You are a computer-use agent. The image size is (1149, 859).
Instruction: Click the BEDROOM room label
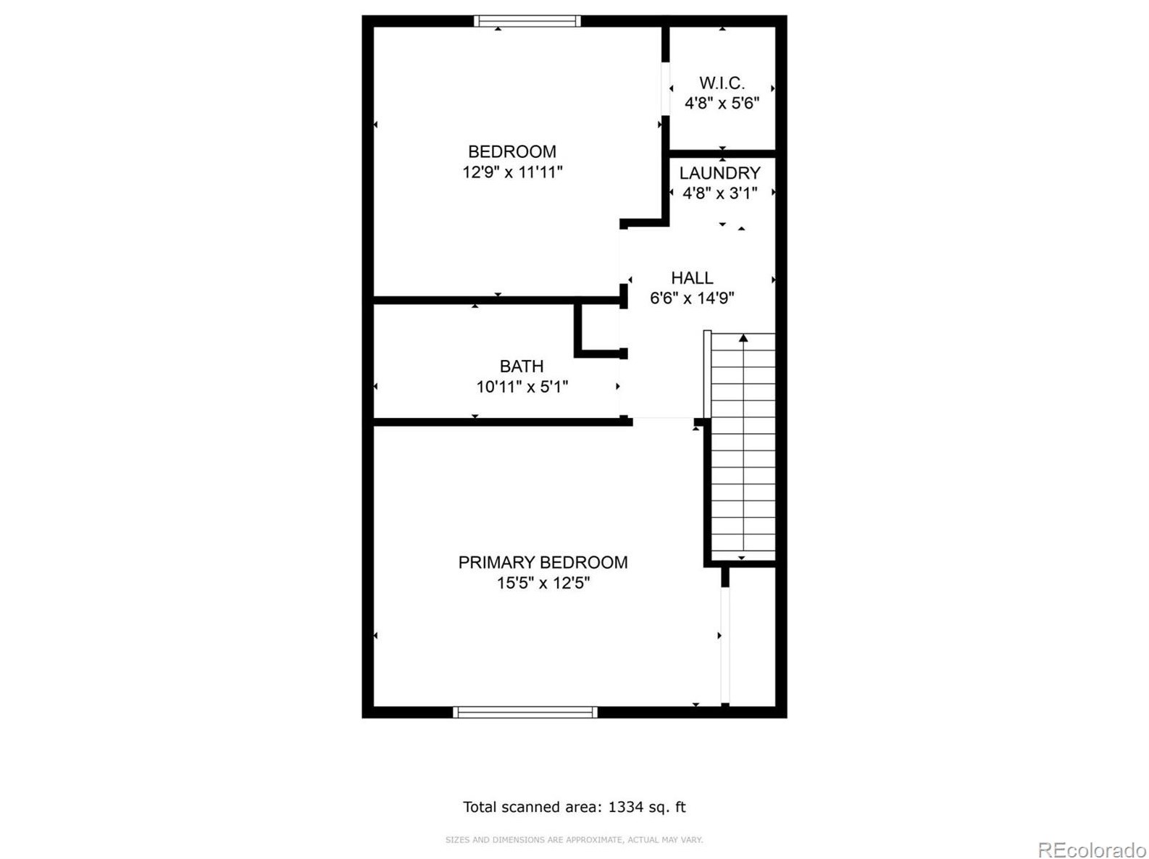(511, 151)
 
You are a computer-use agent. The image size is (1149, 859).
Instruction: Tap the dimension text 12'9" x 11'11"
(511, 172)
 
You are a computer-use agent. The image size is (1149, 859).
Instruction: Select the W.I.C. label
(722, 83)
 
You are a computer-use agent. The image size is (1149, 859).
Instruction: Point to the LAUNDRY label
(719, 172)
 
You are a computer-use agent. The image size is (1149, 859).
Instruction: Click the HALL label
(691, 278)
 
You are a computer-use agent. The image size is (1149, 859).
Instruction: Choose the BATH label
(522, 366)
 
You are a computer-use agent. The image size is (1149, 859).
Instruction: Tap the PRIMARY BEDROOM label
(543, 562)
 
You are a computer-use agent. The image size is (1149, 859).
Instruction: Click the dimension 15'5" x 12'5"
(543, 583)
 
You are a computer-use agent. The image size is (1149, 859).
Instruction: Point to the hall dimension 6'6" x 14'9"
(691, 298)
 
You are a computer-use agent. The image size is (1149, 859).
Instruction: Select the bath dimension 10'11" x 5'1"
(522, 387)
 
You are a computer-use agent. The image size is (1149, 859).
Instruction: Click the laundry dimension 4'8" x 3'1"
(719, 193)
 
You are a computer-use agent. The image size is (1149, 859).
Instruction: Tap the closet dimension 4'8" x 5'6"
(722, 103)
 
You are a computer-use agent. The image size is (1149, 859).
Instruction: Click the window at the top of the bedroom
(527, 21)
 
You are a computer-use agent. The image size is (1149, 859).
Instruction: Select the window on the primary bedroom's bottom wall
(525, 712)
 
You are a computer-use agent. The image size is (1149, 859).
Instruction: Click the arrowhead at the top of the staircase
(743, 338)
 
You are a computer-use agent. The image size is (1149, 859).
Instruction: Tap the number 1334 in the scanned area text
(625, 807)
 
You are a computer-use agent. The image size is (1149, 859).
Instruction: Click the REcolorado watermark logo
(1092, 849)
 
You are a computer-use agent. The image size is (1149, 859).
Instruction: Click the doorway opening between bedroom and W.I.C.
(665, 89)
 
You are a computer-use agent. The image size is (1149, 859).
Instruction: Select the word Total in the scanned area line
(480, 807)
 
